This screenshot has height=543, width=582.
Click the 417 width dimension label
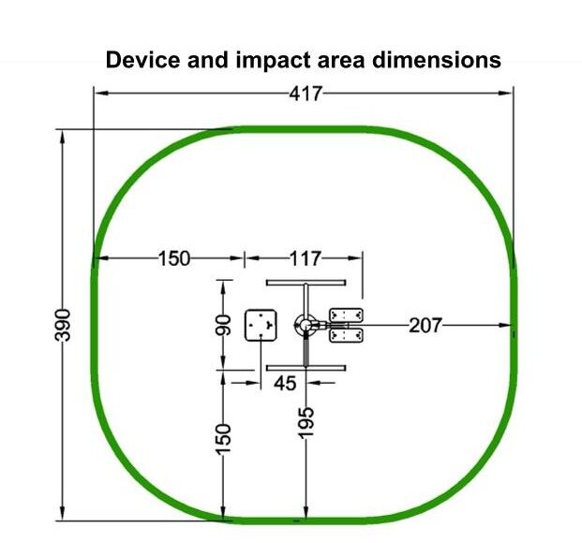(x=306, y=94)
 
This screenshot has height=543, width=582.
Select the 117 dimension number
(x=305, y=258)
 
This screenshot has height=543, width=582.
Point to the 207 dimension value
(x=425, y=326)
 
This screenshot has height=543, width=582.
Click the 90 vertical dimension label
(x=223, y=325)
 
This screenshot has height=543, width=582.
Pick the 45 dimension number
(x=285, y=384)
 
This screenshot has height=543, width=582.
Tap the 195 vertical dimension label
(x=306, y=422)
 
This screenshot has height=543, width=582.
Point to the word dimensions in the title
(x=437, y=60)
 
